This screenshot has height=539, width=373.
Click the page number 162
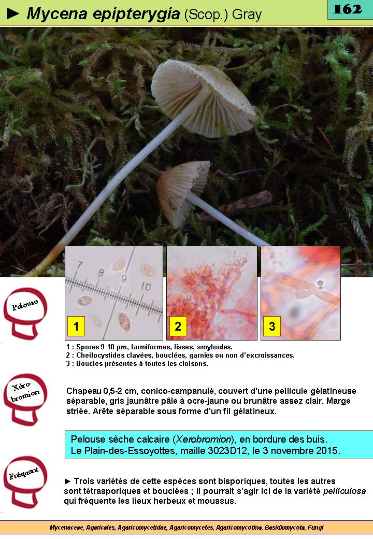(348, 9)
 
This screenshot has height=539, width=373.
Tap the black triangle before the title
(13, 13)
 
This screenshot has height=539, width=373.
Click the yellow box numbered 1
(76, 326)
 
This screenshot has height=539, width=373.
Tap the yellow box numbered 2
(178, 326)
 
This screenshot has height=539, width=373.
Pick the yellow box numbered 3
(272, 326)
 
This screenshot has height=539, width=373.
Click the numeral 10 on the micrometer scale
(146, 286)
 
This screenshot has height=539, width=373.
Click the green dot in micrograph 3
(320, 284)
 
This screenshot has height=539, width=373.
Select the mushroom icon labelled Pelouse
(25, 314)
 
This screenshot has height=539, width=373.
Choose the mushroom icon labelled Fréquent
(25, 482)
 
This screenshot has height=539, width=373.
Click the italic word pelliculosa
(345, 491)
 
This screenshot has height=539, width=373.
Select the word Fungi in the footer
(315, 527)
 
